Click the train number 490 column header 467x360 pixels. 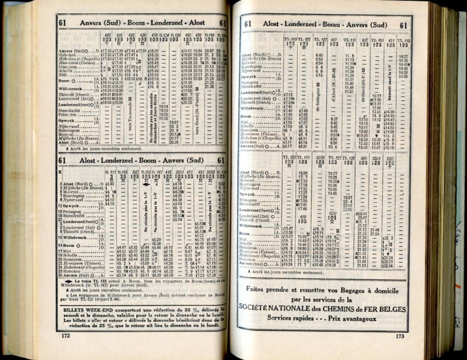(187, 35)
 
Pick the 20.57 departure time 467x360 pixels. (209, 51)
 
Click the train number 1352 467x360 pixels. (332, 213)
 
